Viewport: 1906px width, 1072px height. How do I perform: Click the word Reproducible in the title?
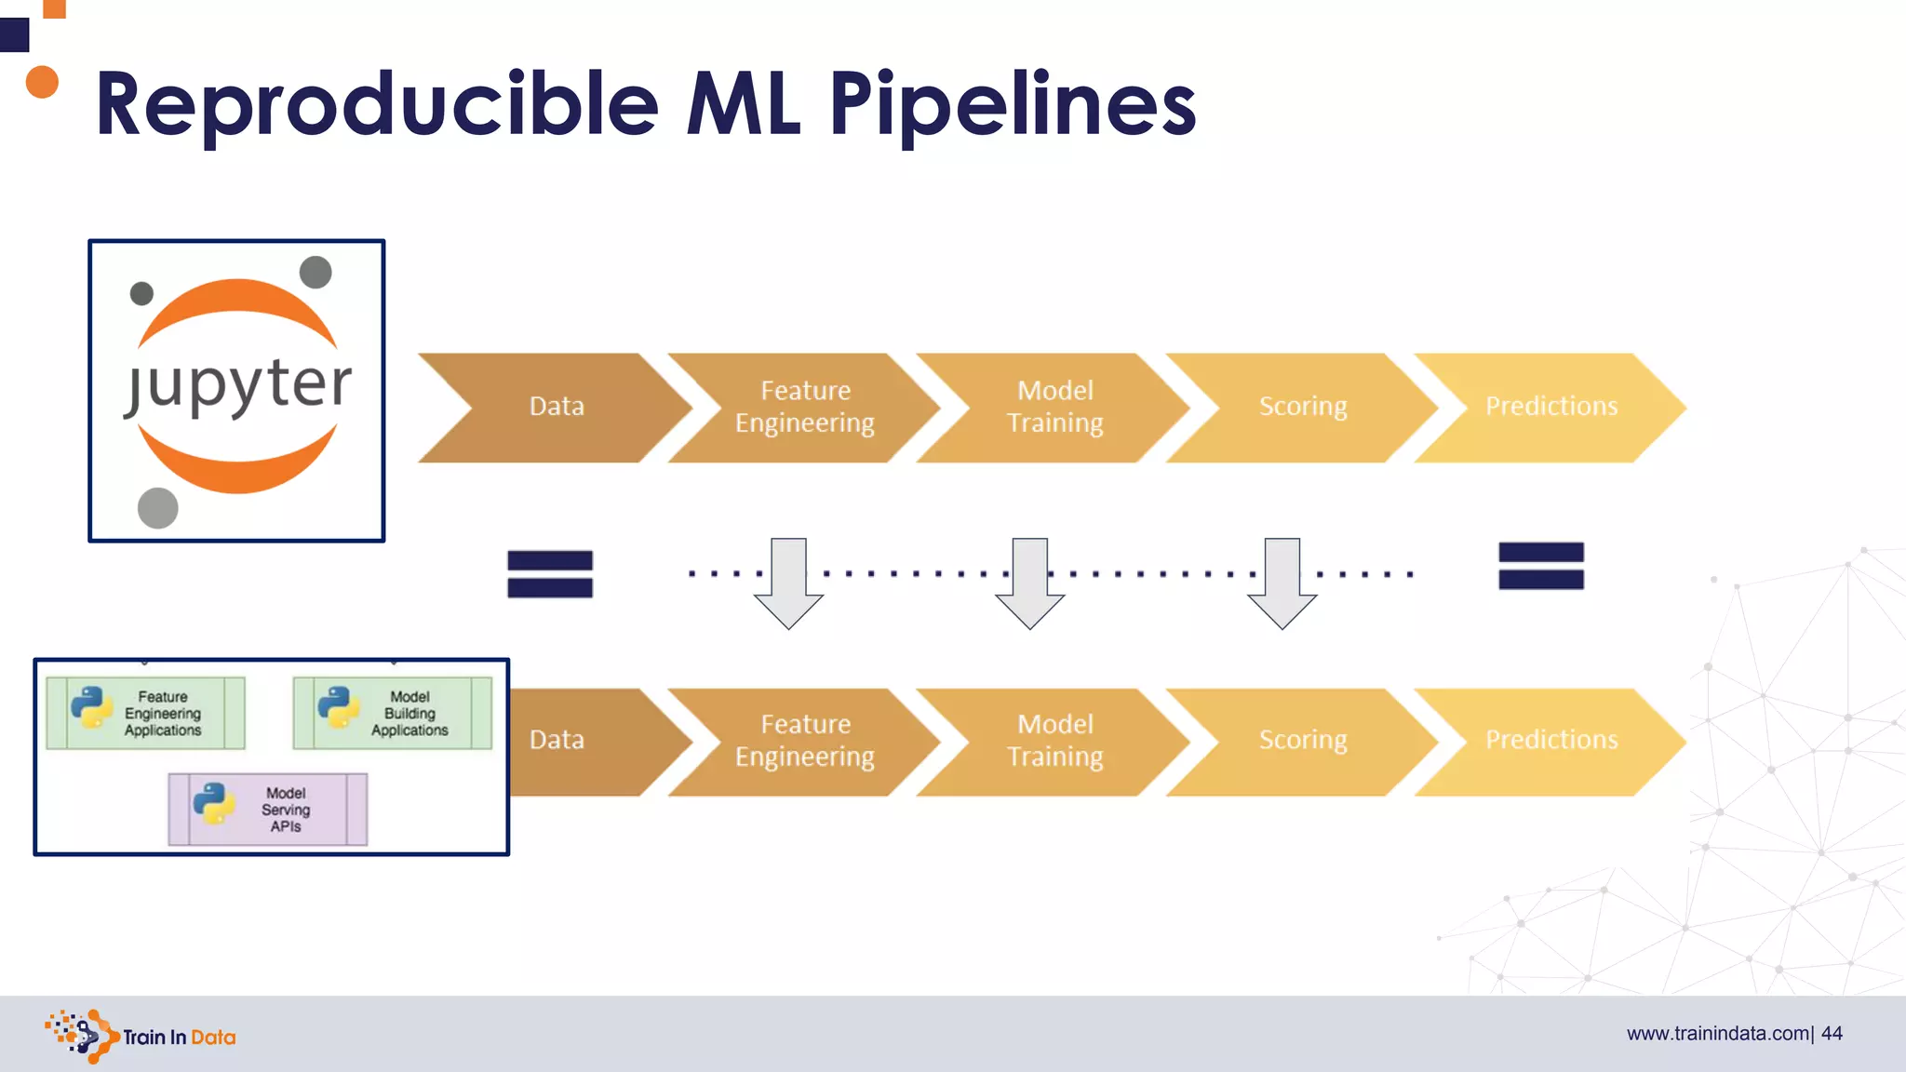coord(377,104)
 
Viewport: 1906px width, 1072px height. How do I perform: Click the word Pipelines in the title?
coord(1012,104)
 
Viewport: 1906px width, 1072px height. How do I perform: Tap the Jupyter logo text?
coord(238,383)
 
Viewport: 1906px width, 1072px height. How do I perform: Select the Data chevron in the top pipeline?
coord(557,407)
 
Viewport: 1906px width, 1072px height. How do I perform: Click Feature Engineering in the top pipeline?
coord(805,407)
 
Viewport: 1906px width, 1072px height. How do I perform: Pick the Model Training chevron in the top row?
coord(1055,407)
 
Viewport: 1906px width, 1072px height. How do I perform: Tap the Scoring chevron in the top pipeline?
coord(1303,407)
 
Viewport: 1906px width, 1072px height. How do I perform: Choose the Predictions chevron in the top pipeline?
coord(1551,407)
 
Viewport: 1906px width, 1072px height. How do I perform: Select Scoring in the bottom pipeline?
coord(1303,740)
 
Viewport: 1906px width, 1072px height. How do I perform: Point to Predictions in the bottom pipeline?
coord(1551,740)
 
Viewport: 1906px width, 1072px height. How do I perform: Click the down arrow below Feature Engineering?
coord(788,583)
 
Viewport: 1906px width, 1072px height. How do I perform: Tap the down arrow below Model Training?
coord(1029,583)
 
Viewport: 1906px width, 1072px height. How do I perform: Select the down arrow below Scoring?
coord(1282,583)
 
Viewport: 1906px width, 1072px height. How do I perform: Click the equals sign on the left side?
coord(550,573)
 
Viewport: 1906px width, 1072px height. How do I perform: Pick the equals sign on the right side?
coord(1541,566)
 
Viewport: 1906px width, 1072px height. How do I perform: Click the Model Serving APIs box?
coord(268,809)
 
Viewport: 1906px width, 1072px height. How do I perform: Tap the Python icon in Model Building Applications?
coord(339,706)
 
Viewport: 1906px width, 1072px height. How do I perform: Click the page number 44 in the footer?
coord(1832,1034)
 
